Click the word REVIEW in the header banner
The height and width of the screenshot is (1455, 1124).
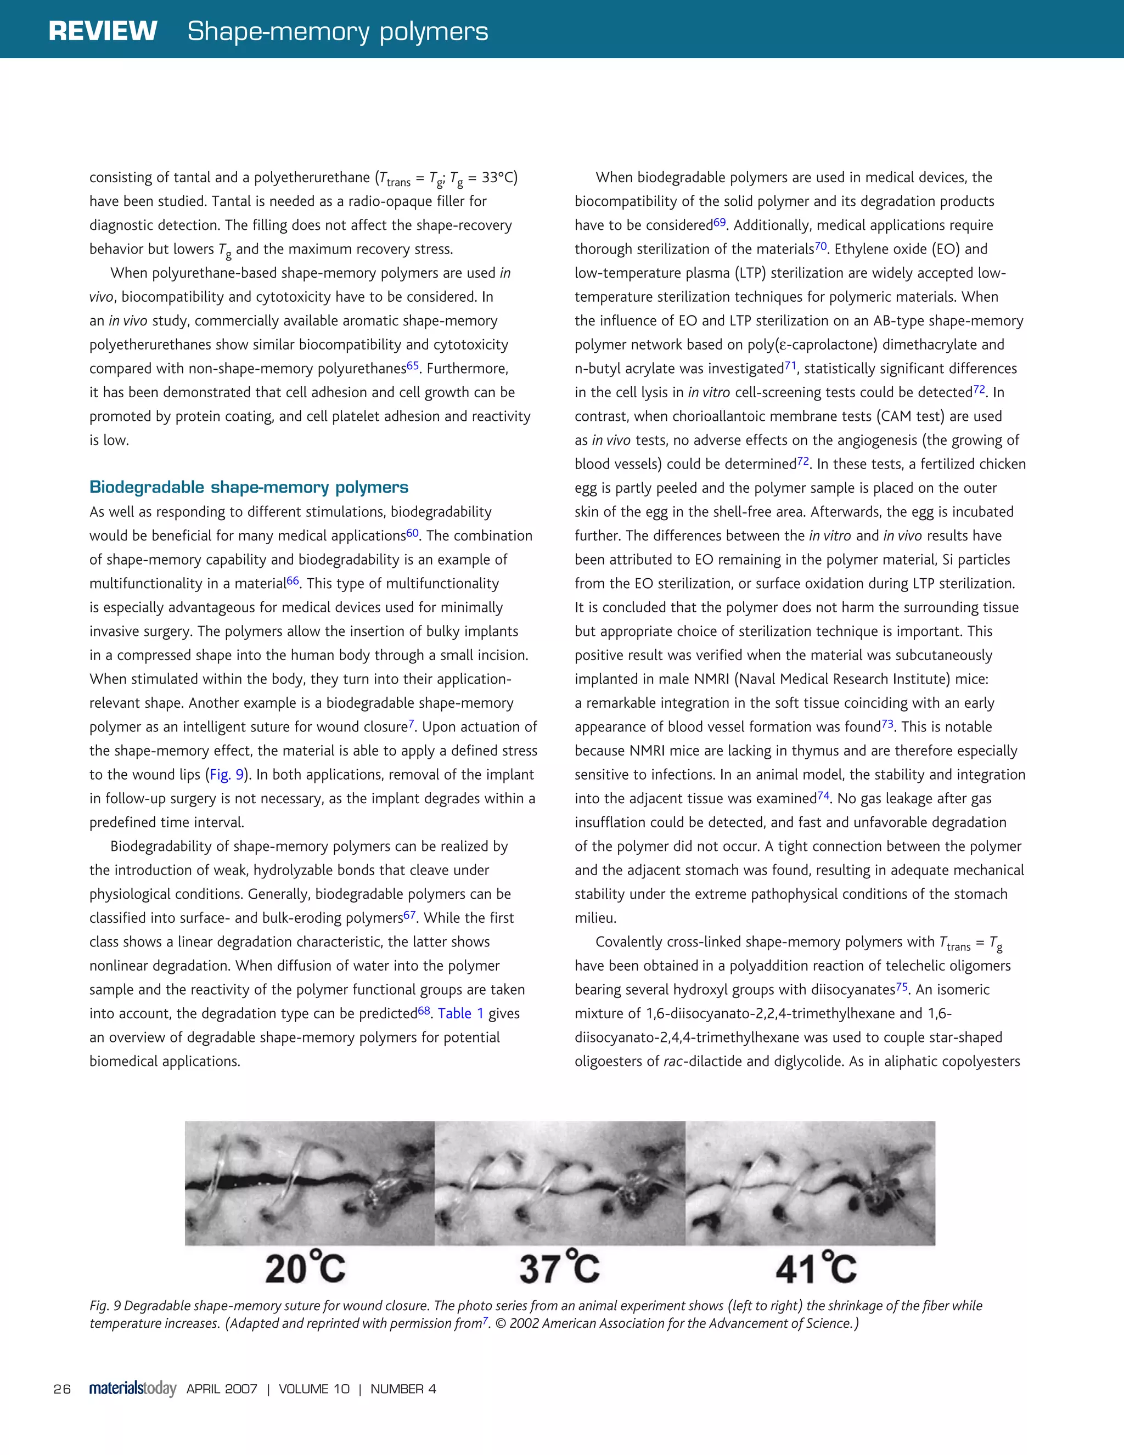click(x=103, y=31)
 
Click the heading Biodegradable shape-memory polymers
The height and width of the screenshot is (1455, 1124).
click(x=249, y=487)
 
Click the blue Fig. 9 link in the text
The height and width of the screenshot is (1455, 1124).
click(x=227, y=775)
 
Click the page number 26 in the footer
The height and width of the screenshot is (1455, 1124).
click(x=62, y=1389)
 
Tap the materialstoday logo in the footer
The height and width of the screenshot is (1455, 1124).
click(x=133, y=1389)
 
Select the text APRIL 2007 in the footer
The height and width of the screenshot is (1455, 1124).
click(x=222, y=1389)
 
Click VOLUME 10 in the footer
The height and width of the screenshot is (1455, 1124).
click(x=314, y=1389)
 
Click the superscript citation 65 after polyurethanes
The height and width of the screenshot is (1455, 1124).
click(x=412, y=364)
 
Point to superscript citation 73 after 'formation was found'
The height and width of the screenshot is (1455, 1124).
click(x=887, y=723)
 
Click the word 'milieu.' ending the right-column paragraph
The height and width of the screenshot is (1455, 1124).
click(x=595, y=918)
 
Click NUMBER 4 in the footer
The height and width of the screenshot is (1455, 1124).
click(x=403, y=1389)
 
